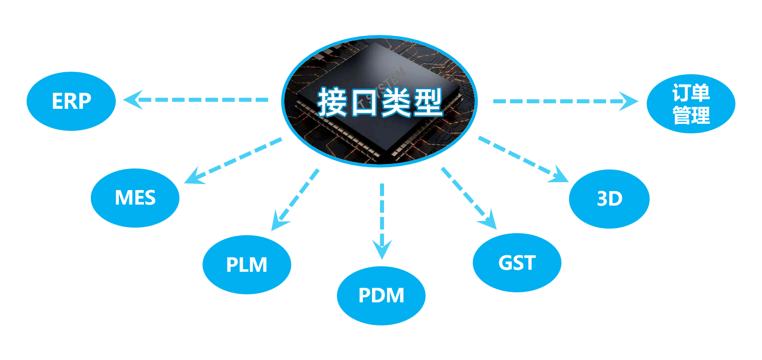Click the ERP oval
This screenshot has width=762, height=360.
tap(71, 101)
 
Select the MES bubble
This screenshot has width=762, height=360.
tap(135, 198)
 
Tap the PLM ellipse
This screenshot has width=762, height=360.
tap(247, 264)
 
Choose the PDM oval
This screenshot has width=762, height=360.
tap(381, 295)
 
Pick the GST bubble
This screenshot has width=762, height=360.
tap(517, 263)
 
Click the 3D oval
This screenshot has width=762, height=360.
tap(609, 199)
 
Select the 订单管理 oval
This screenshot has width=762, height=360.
tap(691, 104)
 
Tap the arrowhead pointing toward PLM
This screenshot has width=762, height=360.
tap(278, 223)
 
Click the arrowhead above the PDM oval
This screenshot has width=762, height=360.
tap(382, 249)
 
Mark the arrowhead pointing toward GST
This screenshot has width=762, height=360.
tap(489, 221)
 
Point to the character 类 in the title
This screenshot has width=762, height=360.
tap(396, 103)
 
